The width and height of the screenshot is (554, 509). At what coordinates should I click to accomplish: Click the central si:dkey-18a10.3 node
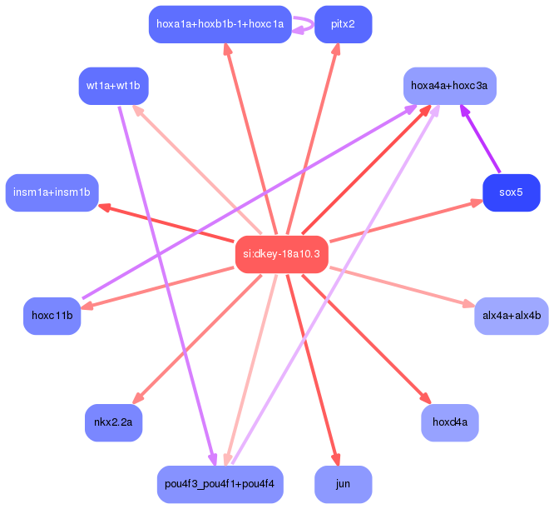pos(281,253)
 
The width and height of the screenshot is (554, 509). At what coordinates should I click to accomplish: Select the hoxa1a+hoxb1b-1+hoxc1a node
pos(220,24)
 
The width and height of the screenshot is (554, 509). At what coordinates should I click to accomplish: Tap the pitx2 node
pos(343,24)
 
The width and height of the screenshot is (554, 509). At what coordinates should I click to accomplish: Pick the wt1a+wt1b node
pos(113,86)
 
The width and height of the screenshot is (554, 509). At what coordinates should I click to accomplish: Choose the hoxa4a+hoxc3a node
pos(449,86)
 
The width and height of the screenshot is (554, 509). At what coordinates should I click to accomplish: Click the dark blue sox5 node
pos(511,192)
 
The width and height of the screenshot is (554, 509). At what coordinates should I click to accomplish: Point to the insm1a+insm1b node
pos(52,192)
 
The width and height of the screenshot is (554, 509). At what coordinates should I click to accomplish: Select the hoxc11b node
pos(52,316)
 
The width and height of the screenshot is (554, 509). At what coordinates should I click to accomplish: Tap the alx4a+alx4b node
pos(511,316)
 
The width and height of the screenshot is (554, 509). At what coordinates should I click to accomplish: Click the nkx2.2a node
pos(113,422)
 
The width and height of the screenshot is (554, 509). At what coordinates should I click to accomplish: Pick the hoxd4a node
pos(449,422)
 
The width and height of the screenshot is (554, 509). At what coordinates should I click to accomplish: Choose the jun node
pos(343,484)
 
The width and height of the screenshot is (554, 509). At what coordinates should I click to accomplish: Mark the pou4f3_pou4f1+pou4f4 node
pos(220,484)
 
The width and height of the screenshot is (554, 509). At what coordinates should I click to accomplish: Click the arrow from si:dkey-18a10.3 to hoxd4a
pos(366,338)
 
